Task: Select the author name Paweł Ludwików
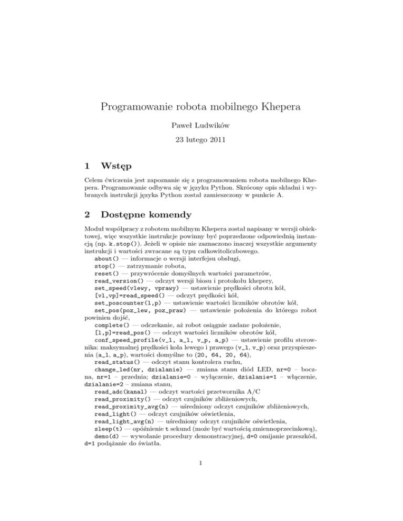pyautogui.click(x=201, y=126)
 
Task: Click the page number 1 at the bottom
pyautogui.click(x=201, y=492)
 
